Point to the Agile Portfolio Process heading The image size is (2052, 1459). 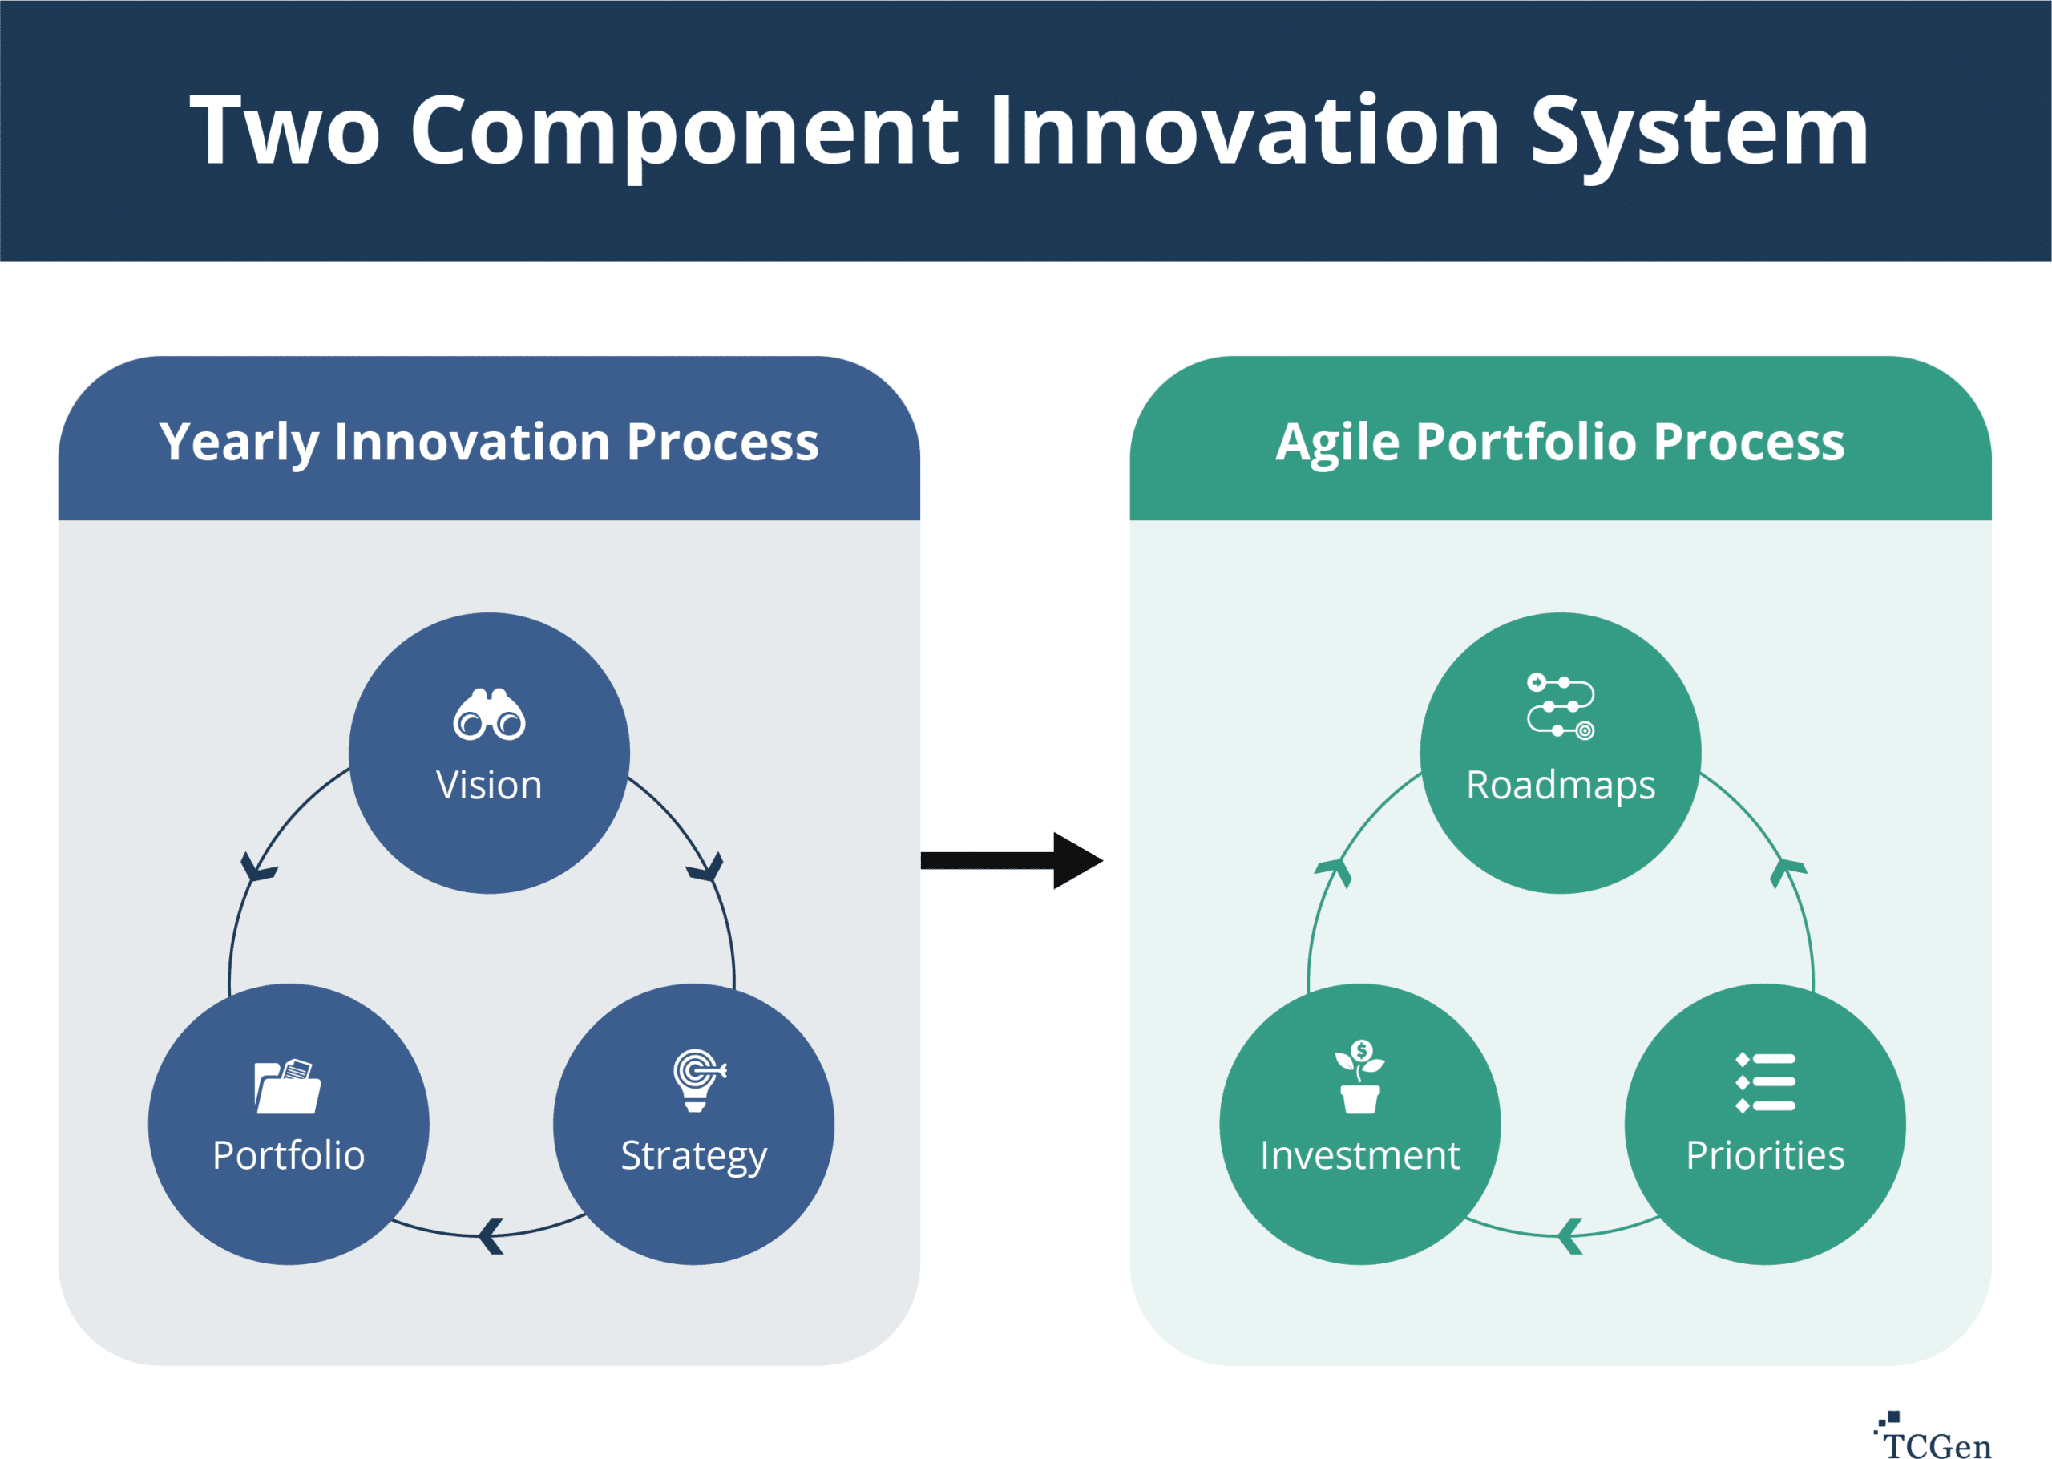(x=1560, y=442)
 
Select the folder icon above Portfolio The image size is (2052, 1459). (x=288, y=1086)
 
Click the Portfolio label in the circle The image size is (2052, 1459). (x=289, y=1155)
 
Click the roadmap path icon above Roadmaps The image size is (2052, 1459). (x=1560, y=706)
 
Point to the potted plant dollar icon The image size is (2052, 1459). (x=1359, y=1077)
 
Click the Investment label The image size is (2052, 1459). (x=1359, y=1155)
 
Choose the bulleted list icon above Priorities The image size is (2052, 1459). (x=1764, y=1081)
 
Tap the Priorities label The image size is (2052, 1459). (x=1764, y=1155)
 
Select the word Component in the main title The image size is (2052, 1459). (x=685, y=133)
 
